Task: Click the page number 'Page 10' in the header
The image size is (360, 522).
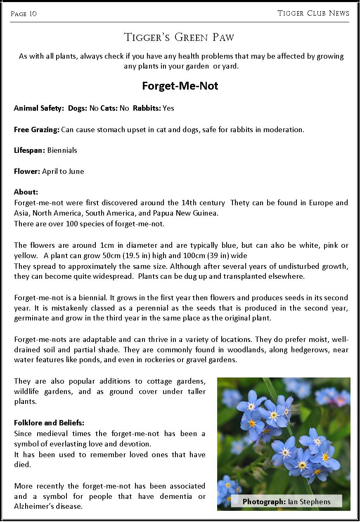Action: point(24,14)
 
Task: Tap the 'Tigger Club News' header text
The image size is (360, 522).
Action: point(313,13)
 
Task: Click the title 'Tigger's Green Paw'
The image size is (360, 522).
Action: point(179,38)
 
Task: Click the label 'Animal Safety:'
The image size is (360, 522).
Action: point(39,108)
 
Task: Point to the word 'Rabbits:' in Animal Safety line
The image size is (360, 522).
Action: point(147,108)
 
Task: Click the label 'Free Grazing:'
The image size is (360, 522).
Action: point(37,130)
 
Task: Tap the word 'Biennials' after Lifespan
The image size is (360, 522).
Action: point(62,150)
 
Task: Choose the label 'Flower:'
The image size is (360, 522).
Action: point(27,171)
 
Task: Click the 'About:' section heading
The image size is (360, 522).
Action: point(26,192)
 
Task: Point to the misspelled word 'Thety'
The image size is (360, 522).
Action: point(240,203)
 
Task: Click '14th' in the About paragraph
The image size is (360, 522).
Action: point(190,203)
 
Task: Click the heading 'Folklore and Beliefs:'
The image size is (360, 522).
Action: point(49,423)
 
